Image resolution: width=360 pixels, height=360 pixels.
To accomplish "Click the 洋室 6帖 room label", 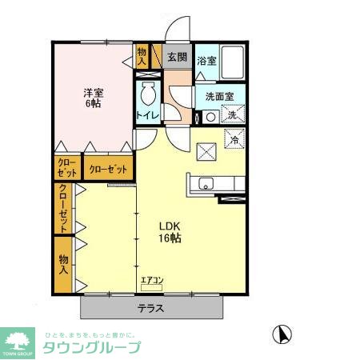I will coord(94,98).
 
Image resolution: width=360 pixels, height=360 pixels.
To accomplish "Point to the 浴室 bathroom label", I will coord(206,61).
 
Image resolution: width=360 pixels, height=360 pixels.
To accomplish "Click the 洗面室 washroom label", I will coord(219,96).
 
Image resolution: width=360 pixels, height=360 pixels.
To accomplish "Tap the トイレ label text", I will coord(147,115).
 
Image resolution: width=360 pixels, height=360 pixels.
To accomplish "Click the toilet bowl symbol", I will coord(148,95).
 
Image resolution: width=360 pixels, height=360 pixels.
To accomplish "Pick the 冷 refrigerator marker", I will coord(234,140).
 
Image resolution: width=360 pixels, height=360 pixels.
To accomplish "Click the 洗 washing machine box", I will coord(232,114).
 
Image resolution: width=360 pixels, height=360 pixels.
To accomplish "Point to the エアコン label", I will coord(151,280).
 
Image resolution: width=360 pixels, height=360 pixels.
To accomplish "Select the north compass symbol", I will coord(282,332).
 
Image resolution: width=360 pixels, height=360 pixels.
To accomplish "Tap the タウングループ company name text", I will coord(91,348).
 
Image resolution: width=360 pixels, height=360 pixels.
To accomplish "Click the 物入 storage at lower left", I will coord(62,263).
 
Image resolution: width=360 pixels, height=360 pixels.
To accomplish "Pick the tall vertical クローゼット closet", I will coord(62,208).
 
